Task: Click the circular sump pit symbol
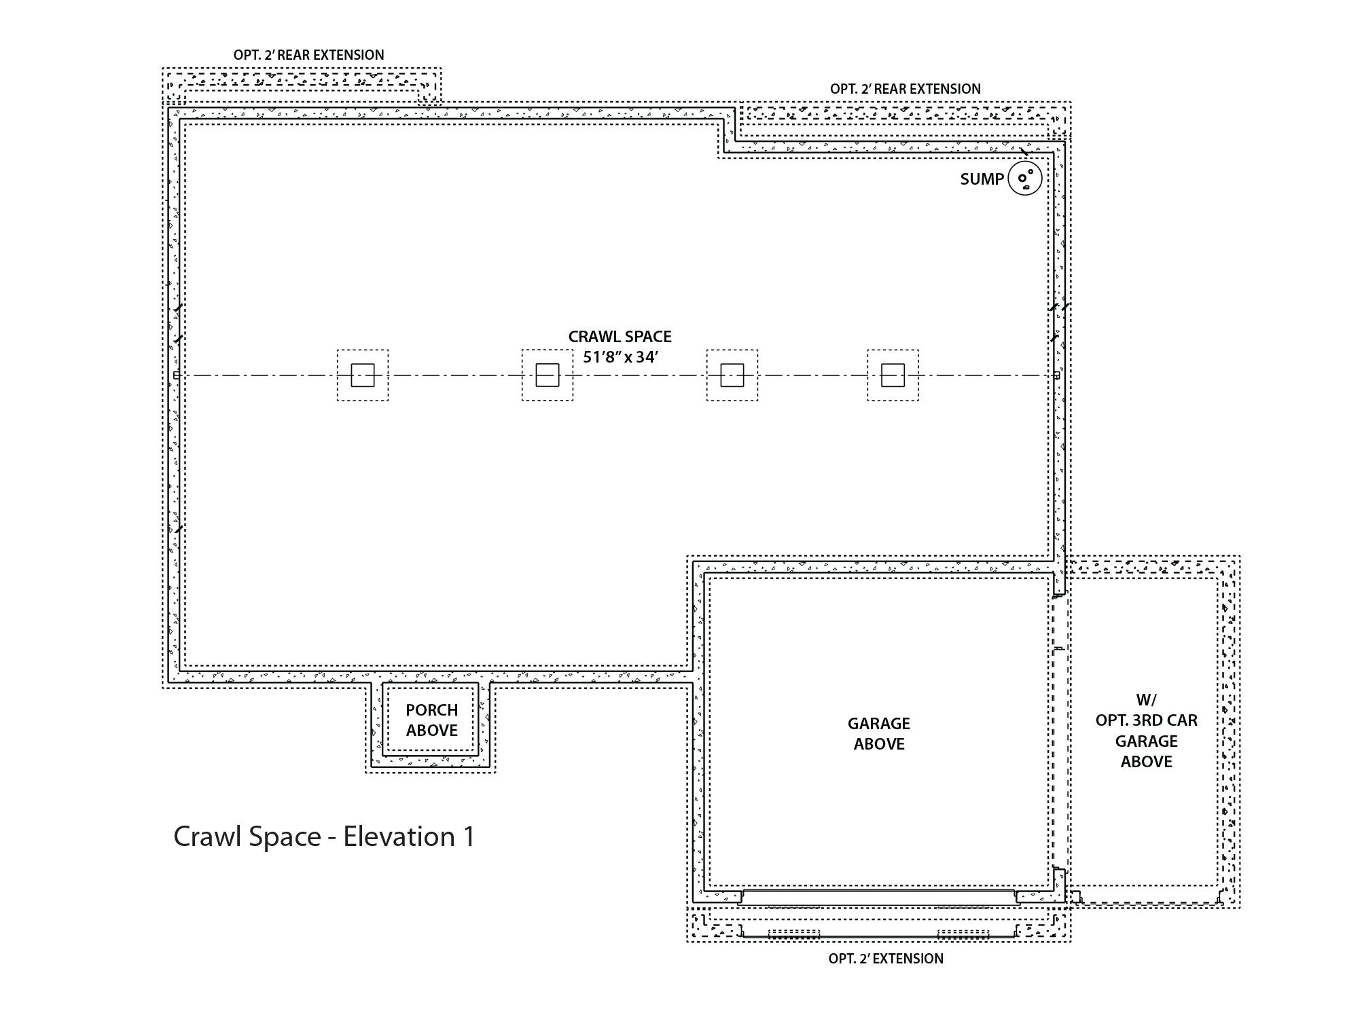(x=1025, y=179)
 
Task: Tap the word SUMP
(x=982, y=179)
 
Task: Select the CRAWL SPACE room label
(x=620, y=337)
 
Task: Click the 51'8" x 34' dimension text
(x=620, y=357)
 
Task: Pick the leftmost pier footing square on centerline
(x=363, y=375)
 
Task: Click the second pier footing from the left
(x=548, y=375)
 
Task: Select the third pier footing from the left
(x=732, y=375)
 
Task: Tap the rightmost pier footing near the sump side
(x=893, y=375)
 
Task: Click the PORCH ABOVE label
(x=432, y=720)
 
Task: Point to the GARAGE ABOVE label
(x=879, y=733)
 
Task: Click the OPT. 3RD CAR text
(x=1146, y=720)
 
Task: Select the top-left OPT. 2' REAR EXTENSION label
(x=308, y=55)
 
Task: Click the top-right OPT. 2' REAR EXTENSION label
(x=905, y=89)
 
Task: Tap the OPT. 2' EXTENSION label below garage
(x=886, y=959)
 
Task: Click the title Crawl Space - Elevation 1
(x=324, y=836)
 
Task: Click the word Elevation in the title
(x=399, y=836)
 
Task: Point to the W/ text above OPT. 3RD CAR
(x=1146, y=700)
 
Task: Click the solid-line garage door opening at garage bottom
(x=878, y=898)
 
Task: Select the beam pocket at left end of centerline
(x=176, y=375)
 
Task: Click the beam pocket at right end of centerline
(x=1057, y=375)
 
